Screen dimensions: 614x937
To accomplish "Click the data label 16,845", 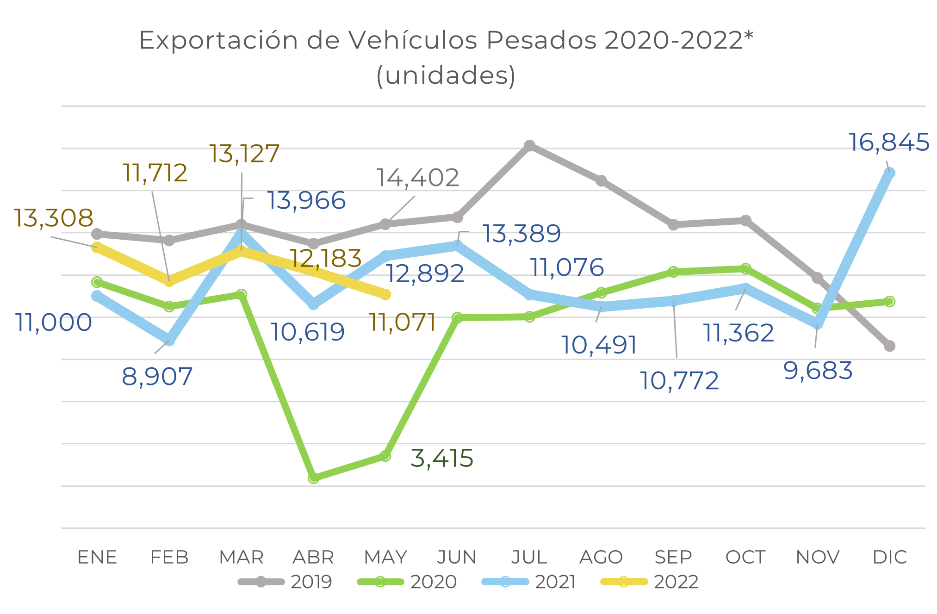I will point(888,142).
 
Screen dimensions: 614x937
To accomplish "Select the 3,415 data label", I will point(442,458).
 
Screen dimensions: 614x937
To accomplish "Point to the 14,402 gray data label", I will point(418,178).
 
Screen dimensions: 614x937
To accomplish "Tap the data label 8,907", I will point(157,376).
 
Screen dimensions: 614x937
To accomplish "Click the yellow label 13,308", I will point(53,217).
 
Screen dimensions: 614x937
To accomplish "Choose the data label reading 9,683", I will point(818,371).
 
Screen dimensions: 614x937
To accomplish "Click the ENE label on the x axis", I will point(97,557).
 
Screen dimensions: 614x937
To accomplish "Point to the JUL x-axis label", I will point(529,557).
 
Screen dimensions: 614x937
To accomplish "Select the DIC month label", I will point(889,557).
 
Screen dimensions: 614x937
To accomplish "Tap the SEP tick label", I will point(673,557).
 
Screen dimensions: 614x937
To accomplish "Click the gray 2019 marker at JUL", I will point(529,146).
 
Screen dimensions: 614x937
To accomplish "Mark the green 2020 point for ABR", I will point(314,478).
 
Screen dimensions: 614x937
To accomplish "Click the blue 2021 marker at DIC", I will point(889,173).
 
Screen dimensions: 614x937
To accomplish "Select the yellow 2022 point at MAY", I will point(385,294).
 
